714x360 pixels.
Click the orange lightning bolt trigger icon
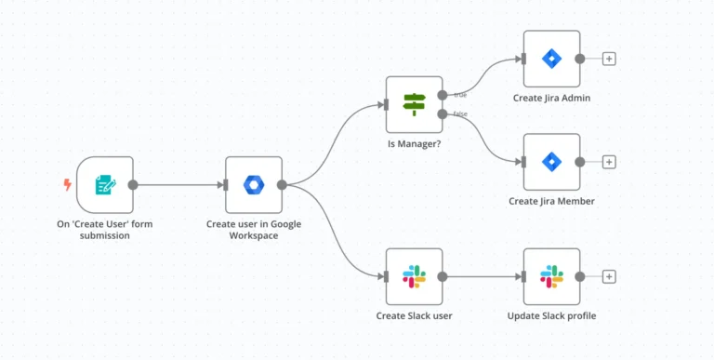(x=67, y=184)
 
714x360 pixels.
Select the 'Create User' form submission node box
(x=105, y=184)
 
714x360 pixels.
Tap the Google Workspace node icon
(x=254, y=184)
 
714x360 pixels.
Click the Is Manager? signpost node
(x=414, y=104)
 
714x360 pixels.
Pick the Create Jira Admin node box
(x=551, y=59)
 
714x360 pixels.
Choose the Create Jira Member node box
(x=551, y=162)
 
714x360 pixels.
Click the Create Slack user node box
(x=414, y=276)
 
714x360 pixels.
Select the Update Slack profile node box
(x=551, y=276)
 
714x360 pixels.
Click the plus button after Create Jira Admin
(x=609, y=59)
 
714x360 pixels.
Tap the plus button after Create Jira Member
(x=609, y=162)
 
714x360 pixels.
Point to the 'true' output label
(x=460, y=93)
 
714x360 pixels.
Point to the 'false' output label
(x=460, y=114)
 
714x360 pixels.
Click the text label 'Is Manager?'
(x=414, y=144)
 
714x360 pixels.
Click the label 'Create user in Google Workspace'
(x=254, y=229)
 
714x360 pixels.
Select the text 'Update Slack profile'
(x=551, y=315)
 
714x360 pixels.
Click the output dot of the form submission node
(x=133, y=184)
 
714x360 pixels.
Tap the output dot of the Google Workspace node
(x=282, y=184)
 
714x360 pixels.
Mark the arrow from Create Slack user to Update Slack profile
(x=483, y=276)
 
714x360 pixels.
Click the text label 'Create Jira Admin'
(x=551, y=98)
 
